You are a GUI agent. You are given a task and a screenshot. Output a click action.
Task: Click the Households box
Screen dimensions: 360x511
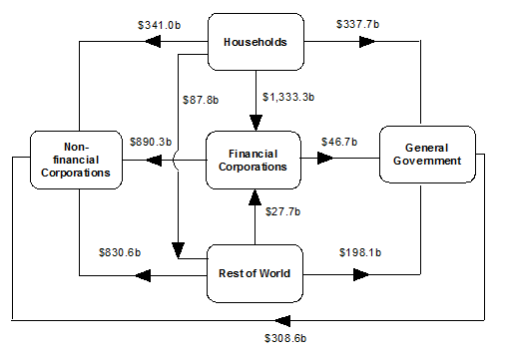tap(255, 42)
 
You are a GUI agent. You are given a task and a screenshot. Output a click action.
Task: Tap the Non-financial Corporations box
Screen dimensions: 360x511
tap(77, 160)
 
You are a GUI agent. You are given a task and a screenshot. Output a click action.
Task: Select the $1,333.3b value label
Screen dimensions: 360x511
tap(288, 97)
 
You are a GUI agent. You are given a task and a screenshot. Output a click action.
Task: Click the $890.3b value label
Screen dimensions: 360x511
tap(151, 143)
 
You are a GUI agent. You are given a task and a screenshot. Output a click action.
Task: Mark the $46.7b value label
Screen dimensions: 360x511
tap(339, 143)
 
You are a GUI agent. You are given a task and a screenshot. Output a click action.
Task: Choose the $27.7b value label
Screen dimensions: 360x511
tap(282, 211)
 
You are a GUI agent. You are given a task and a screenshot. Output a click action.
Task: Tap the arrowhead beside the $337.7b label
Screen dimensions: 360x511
tap(366, 42)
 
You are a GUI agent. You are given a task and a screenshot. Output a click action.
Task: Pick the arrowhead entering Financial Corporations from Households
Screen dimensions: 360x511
tap(255, 123)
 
